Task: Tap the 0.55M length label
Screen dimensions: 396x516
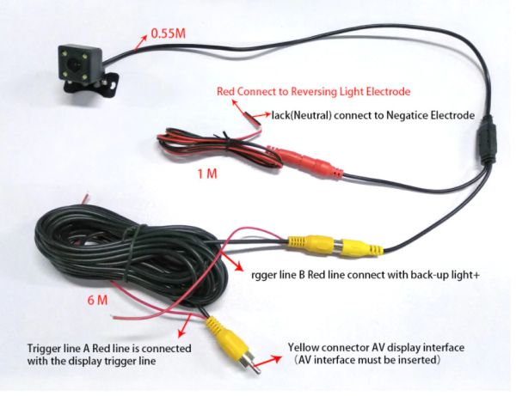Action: point(169,34)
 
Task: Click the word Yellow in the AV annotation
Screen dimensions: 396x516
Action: point(305,348)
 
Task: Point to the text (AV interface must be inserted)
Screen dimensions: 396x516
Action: point(366,362)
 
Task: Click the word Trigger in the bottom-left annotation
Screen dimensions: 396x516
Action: point(48,349)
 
